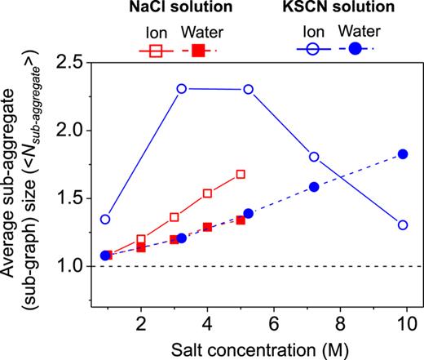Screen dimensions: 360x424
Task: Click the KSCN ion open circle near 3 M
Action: tap(182, 88)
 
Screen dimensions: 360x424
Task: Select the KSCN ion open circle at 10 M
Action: tap(403, 225)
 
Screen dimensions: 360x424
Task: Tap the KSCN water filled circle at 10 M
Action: tap(403, 154)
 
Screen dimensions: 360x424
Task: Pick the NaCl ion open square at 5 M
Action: tap(241, 174)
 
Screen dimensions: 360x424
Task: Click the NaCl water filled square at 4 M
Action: tap(207, 227)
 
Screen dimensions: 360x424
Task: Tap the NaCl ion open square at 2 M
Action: tap(141, 240)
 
